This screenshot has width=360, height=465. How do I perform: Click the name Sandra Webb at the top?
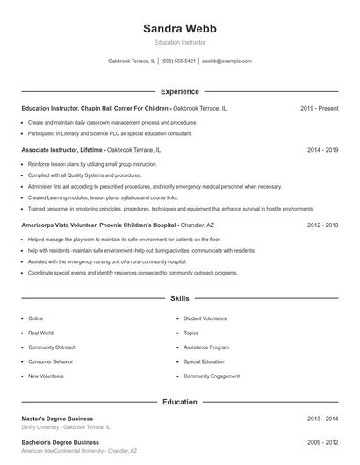179,28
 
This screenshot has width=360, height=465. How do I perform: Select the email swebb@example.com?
227,61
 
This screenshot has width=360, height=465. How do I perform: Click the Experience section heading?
179,91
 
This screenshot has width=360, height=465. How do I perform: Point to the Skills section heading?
179,299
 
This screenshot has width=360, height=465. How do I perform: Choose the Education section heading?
179,402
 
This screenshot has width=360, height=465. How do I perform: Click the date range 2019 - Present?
319,108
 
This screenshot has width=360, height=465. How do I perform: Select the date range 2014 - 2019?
323,150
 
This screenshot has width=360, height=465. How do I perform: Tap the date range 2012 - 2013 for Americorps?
323,225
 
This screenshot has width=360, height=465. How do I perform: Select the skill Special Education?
204,361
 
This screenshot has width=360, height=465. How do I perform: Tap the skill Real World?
40,333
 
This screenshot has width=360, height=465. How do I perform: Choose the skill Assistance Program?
206,347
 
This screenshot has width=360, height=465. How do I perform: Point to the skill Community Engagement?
211,376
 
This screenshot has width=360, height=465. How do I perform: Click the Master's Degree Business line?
57,418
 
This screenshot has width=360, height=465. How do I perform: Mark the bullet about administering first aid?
155,186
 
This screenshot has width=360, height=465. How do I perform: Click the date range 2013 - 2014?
323,418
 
